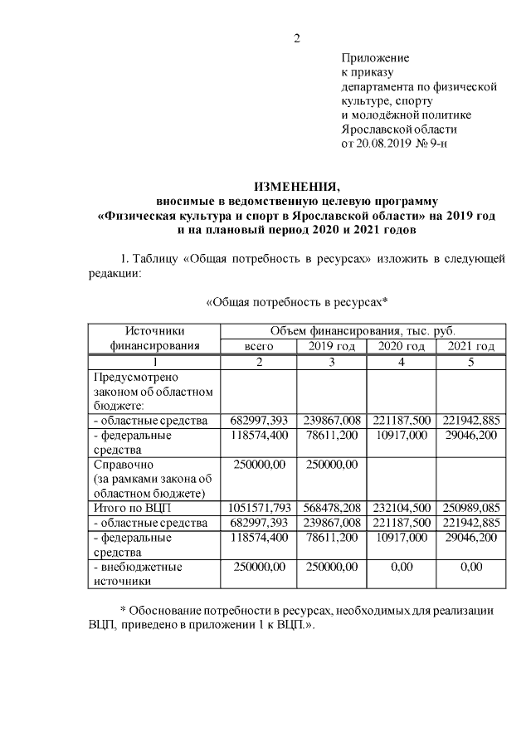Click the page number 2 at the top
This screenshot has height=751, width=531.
(x=296, y=38)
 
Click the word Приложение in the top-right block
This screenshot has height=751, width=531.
(x=375, y=58)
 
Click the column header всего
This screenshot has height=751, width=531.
(x=258, y=346)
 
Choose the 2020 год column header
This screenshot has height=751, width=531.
(x=401, y=346)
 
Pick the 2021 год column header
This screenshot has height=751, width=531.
(x=470, y=346)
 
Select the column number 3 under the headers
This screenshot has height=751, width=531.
(x=331, y=361)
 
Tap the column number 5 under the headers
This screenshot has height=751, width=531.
(x=470, y=361)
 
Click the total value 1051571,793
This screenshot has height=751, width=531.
(x=258, y=507)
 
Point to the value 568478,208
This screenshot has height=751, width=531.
(x=331, y=507)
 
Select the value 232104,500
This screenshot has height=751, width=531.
(x=401, y=507)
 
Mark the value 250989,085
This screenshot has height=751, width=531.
(x=470, y=507)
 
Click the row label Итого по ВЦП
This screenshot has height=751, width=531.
(x=132, y=507)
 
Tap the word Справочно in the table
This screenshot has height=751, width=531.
(x=124, y=464)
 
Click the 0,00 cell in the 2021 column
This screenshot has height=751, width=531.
(x=470, y=567)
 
